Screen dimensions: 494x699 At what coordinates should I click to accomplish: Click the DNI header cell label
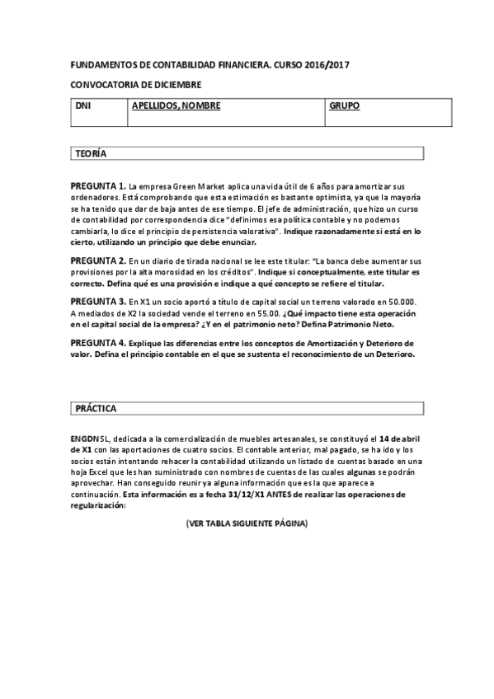pos(82,107)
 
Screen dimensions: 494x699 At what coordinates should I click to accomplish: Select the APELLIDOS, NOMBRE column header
pos(176,107)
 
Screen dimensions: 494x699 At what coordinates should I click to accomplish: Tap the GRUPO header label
pos(344,107)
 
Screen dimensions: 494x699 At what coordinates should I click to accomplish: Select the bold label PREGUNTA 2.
pos(98,260)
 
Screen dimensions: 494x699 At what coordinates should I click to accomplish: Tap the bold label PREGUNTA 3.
pos(98,302)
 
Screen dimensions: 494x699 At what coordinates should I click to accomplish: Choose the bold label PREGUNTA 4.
pos(98,343)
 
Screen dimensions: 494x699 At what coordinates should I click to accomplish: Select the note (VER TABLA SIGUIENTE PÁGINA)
pos(247,524)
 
